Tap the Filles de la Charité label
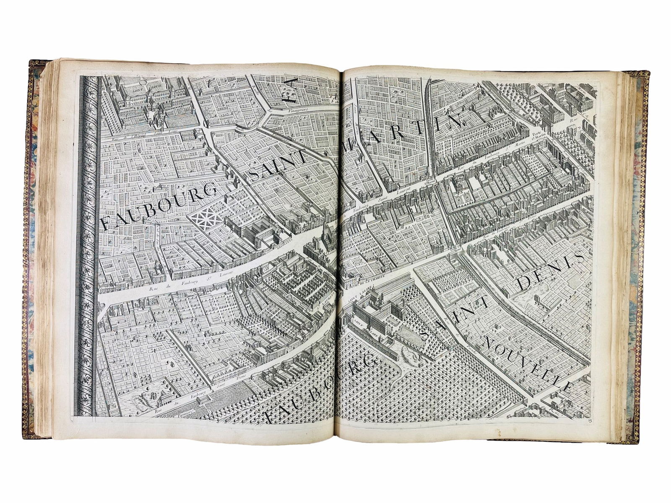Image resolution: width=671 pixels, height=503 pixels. (367, 287)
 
